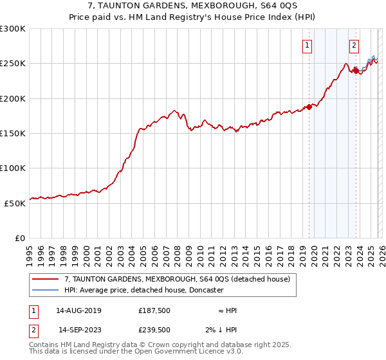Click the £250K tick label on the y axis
tap(13, 64)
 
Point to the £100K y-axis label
tap(13, 168)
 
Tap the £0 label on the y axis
tap(20, 238)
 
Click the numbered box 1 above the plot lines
tap(308, 45)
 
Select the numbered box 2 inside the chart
tap(354, 45)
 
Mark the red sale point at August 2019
tap(309, 107)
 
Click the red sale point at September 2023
tap(356, 71)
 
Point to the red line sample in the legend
tap(46, 279)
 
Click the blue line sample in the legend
tap(46, 290)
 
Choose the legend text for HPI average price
tap(143, 290)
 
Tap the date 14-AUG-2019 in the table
tap(78, 310)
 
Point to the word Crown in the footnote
tap(167, 345)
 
